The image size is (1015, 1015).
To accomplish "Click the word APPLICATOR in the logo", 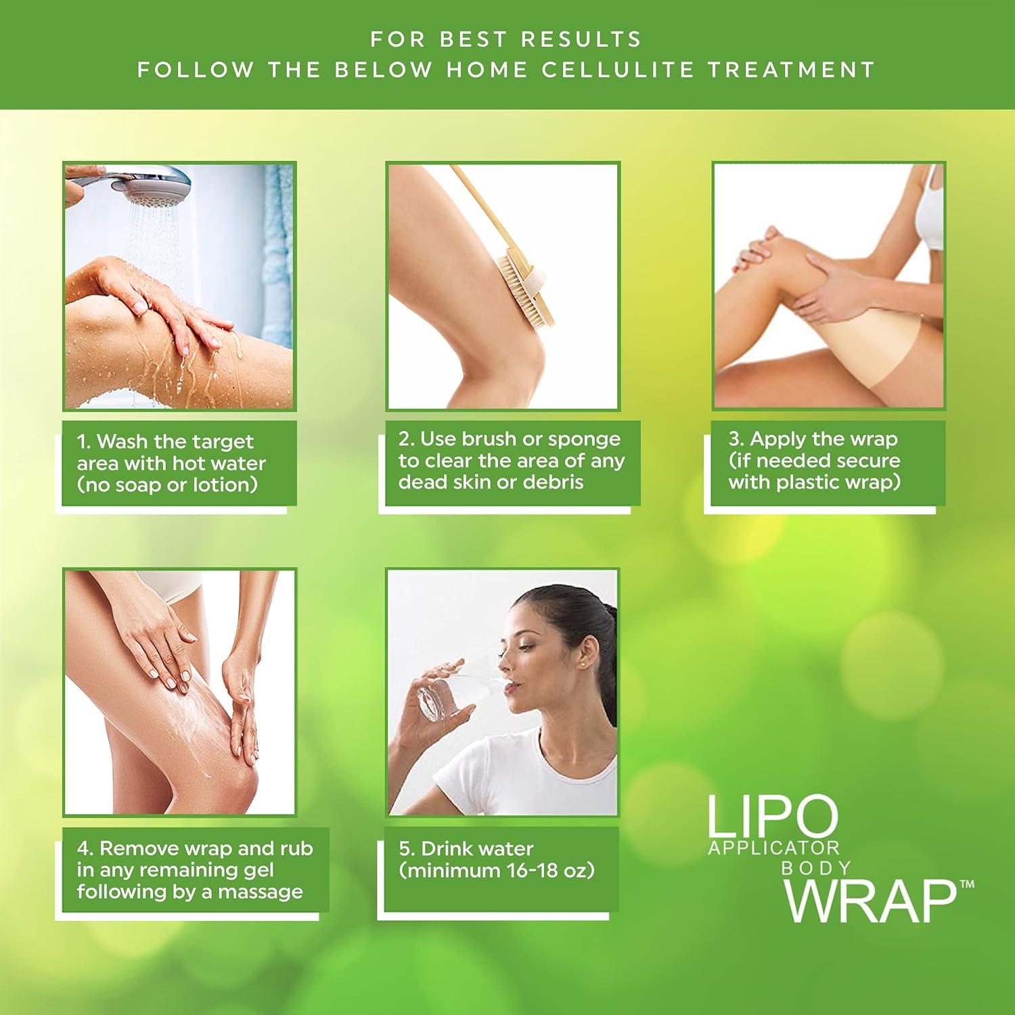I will coord(773,847).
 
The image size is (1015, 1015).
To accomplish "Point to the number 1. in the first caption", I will coord(84,442).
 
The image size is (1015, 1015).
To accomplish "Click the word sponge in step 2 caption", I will coord(584,438).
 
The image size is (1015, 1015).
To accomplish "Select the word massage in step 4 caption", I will coord(261,891).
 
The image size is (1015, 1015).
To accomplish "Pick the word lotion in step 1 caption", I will coord(222,484).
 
